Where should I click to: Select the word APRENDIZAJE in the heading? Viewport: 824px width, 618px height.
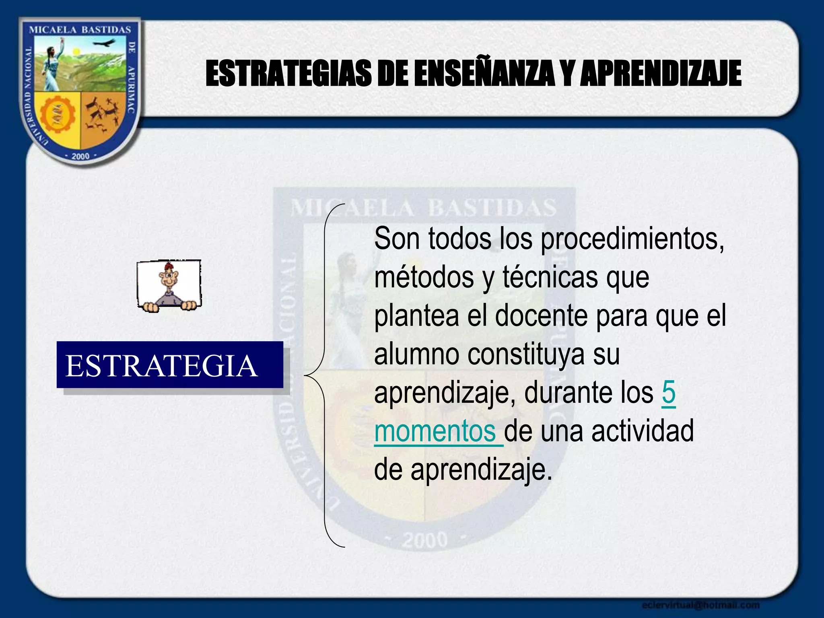pyautogui.click(x=660, y=74)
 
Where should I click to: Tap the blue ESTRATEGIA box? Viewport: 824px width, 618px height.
pyautogui.click(x=170, y=365)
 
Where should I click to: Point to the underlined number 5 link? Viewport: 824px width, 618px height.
pyautogui.click(x=668, y=393)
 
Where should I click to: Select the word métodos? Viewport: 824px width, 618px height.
pyautogui.click(x=424, y=278)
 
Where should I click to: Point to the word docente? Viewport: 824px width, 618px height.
pyautogui.click(x=542, y=316)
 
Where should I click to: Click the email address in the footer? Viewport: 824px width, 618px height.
pyautogui.click(x=700, y=605)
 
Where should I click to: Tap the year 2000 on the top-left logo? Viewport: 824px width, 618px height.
pyautogui.click(x=80, y=156)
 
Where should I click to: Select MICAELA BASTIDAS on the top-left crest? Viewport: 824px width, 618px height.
pyautogui.click(x=80, y=30)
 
